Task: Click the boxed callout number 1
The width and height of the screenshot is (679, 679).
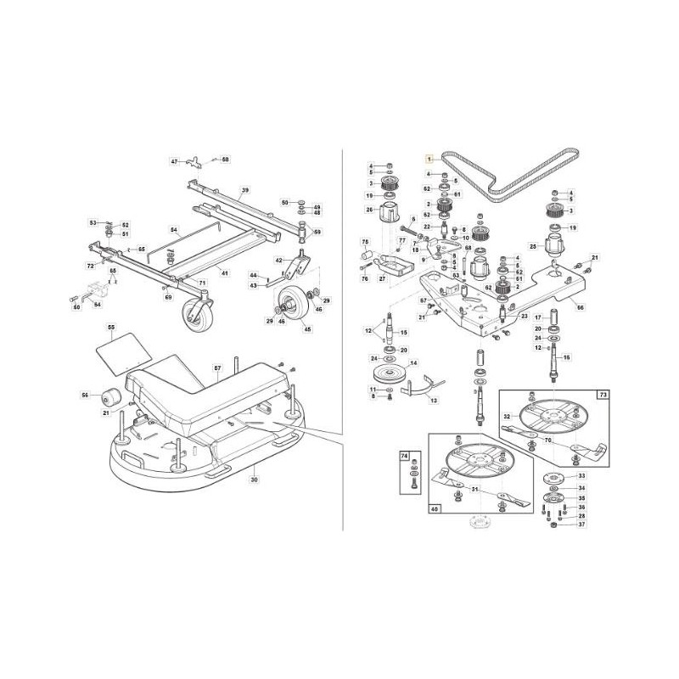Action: click(x=430, y=159)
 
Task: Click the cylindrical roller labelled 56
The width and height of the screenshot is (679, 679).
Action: click(x=109, y=396)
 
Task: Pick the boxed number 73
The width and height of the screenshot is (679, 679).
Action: click(x=603, y=396)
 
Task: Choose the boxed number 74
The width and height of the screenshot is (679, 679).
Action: click(x=403, y=456)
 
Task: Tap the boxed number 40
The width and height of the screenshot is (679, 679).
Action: click(x=435, y=510)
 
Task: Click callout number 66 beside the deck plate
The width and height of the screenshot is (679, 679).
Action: click(x=580, y=307)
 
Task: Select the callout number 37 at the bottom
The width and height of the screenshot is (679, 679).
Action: click(x=581, y=525)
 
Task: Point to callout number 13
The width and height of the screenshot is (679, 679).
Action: click(x=434, y=399)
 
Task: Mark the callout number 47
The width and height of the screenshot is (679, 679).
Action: click(x=174, y=160)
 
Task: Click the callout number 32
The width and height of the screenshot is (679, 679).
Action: click(x=507, y=417)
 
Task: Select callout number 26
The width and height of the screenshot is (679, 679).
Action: click(x=369, y=210)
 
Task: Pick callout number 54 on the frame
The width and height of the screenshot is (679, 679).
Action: click(x=173, y=230)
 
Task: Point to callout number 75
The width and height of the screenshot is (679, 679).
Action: click(x=365, y=243)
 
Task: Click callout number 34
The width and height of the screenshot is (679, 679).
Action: click(x=581, y=488)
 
